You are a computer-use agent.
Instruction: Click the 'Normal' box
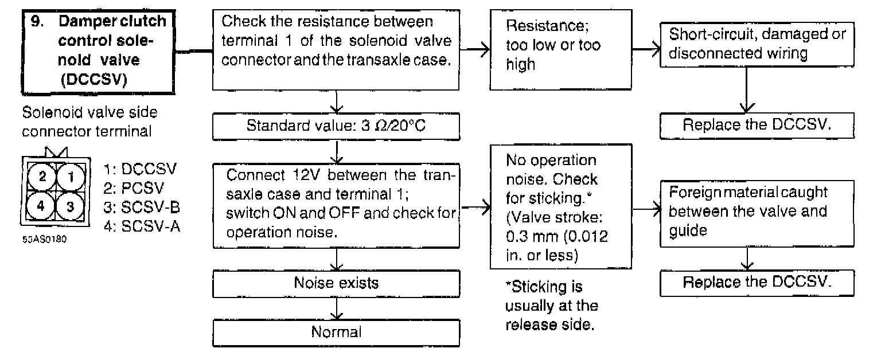[336, 332]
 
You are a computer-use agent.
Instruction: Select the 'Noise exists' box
[336, 283]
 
